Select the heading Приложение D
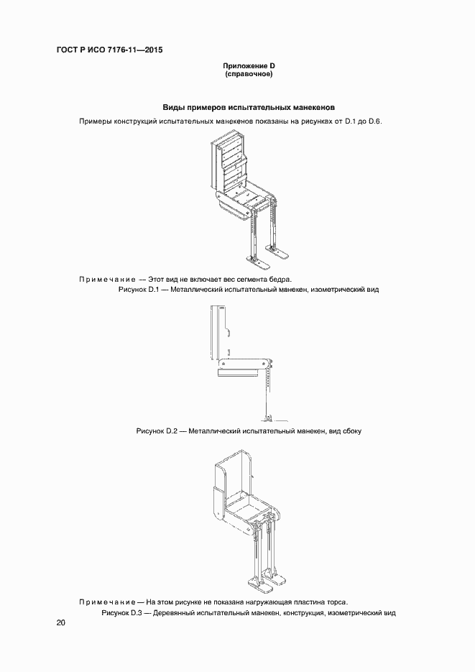[248, 66]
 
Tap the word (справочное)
[248, 74]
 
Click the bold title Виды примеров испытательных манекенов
[248, 107]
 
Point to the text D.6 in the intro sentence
[375, 121]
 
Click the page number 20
[60, 623]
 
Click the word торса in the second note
[335, 602]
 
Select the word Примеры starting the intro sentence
[96, 121]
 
